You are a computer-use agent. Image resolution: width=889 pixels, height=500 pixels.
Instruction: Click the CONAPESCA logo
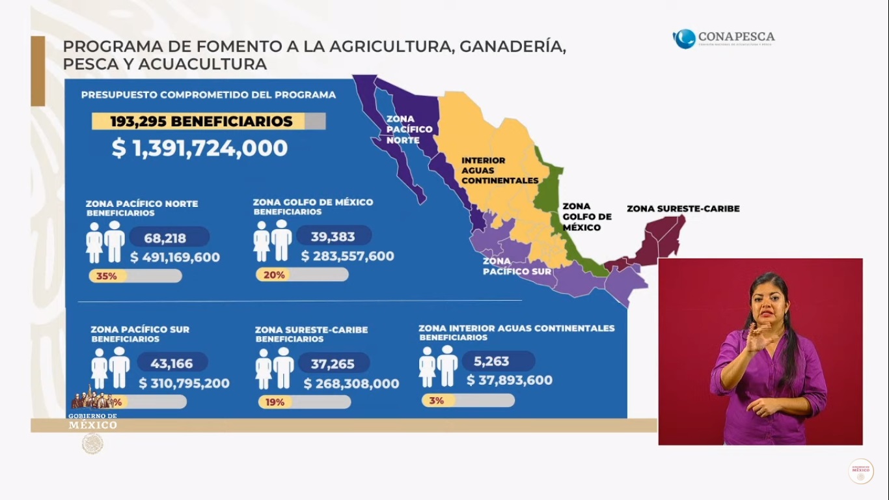(x=724, y=38)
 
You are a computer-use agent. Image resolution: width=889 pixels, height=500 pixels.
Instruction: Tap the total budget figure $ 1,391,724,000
(x=200, y=148)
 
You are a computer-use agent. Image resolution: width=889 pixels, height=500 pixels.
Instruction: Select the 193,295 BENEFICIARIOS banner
(x=201, y=121)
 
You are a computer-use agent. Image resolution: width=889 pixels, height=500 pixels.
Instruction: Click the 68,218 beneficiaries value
(x=169, y=237)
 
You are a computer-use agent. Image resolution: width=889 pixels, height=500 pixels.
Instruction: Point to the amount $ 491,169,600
(x=175, y=257)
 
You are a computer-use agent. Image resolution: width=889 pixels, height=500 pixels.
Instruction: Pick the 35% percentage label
(x=106, y=275)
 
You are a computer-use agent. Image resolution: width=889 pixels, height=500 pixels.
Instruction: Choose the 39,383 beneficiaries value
(x=334, y=236)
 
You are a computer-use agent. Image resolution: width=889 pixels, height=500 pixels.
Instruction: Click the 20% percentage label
(x=274, y=275)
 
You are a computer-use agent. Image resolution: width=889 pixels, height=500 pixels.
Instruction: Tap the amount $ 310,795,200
(x=184, y=383)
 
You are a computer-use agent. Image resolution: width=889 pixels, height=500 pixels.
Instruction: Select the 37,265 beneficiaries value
(x=334, y=363)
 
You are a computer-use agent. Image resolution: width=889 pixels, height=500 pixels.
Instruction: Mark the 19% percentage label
(x=275, y=402)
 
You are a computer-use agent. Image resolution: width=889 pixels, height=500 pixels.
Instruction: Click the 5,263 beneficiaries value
(x=492, y=361)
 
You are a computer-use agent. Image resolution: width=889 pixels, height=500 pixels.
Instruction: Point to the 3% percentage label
(x=436, y=400)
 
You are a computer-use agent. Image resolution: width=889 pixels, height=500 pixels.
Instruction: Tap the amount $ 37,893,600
(x=510, y=380)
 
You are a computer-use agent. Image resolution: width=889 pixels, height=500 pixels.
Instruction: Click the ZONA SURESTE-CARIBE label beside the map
(x=683, y=209)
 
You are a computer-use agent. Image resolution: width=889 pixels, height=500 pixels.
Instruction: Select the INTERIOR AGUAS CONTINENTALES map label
(x=500, y=170)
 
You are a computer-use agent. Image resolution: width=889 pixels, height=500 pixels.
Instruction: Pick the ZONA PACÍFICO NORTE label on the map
(x=409, y=130)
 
